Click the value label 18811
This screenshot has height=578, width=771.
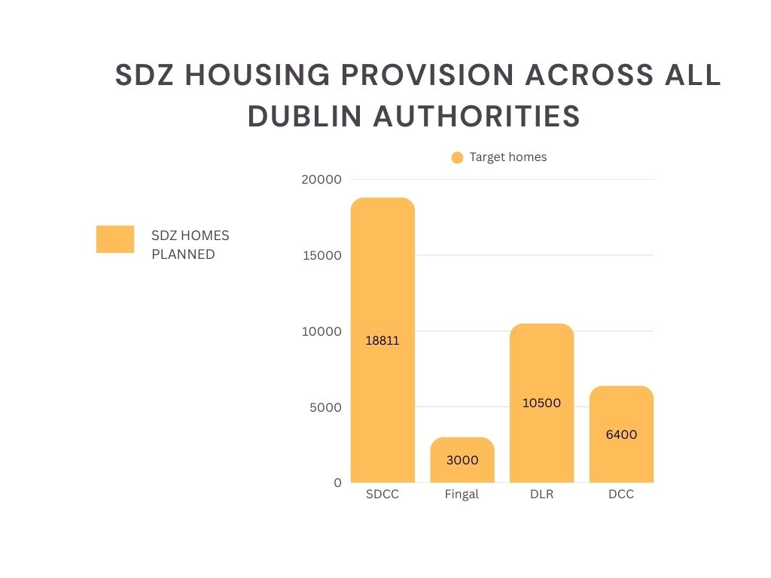point(382,340)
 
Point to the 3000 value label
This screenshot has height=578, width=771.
point(462,460)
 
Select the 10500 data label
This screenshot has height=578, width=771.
point(541,403)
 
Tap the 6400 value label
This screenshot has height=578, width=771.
point(621,434)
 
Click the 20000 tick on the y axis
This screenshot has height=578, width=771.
point(322,179)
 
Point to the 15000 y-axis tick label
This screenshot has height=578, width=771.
point(322,255)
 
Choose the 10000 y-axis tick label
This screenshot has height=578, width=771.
point(322,331)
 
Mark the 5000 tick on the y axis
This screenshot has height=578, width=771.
point(325,407)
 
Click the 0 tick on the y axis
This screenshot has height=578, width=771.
point(337,482)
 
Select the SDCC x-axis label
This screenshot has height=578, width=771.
point(382,494)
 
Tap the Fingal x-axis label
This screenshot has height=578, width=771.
point(462,494)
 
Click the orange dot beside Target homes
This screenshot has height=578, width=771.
point(457,157)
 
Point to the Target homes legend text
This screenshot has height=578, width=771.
point(508,157)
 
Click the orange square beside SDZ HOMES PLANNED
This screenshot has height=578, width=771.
point(115,239)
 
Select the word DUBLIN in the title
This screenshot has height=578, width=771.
point(303,116)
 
